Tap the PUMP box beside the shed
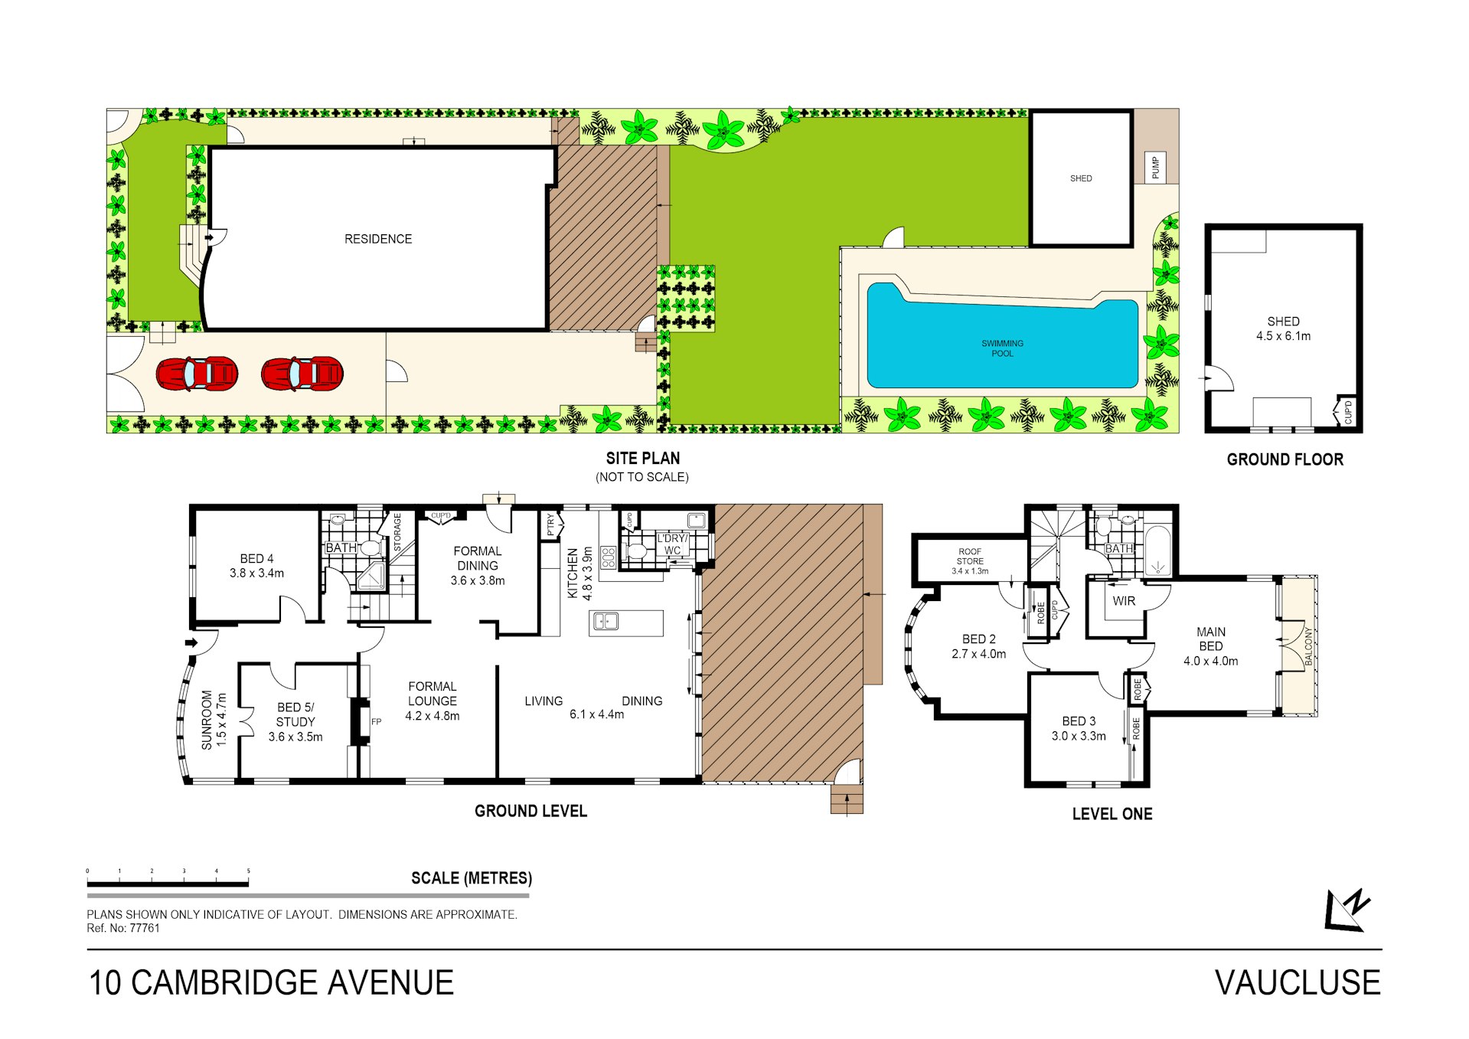(1155, 167)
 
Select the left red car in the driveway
(197, 374)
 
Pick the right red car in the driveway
(302, 374)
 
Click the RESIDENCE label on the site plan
(378, 239)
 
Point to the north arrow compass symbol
(1347, 910)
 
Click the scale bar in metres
(168, 884)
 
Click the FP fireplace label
(376, 722)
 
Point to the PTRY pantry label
(551, 525)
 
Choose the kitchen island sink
(606, 622)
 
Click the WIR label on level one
(1124, 601)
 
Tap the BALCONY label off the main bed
(1308, 646)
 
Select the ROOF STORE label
(970, 556)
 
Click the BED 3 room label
(1079, 721)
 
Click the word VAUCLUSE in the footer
(1298, 983)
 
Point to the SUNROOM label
(207, 720)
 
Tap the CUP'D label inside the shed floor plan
(1348, 411)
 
